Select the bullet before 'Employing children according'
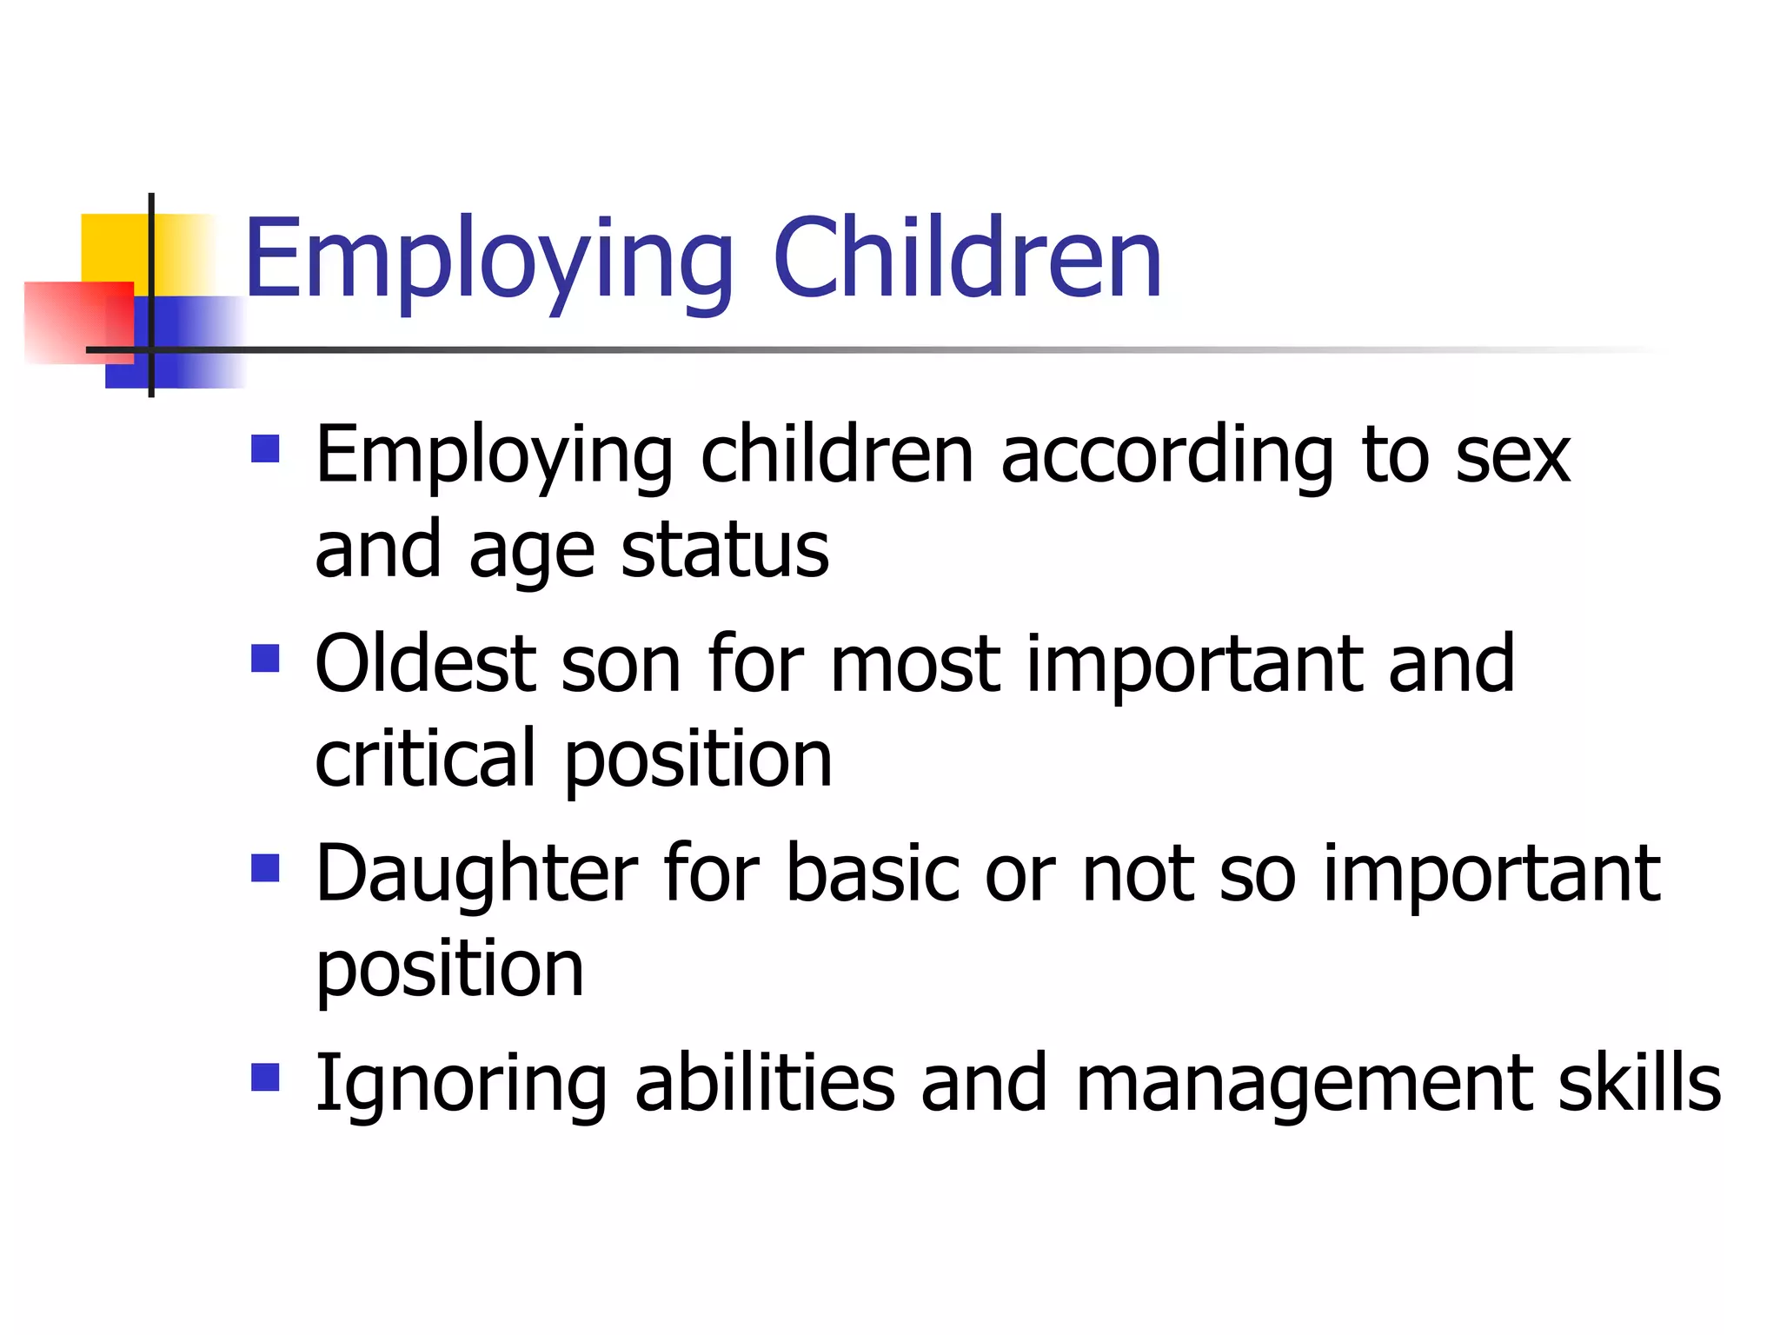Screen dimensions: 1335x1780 point(265,449)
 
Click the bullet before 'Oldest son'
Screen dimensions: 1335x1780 point(265,658)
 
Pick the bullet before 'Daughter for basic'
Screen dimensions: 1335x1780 point(265,868)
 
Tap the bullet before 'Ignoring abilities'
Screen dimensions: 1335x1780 point(265,1078)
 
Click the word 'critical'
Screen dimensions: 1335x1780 point(425,758)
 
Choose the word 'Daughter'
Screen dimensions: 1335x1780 point(476,874)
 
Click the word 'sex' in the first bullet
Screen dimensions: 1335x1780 point(1513,458)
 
